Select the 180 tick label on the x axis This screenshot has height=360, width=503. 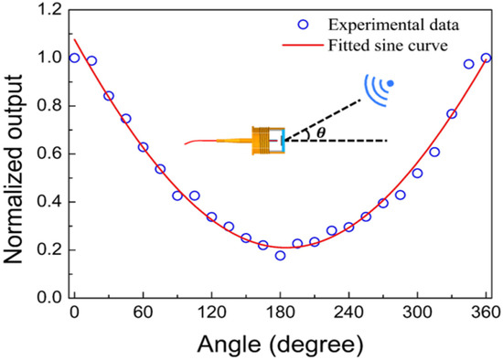(x=280, y=314)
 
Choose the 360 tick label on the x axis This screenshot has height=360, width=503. (x=485, y=314)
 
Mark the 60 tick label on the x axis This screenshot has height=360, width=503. (x=143, y=314)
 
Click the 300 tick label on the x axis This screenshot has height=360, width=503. (x=417, y=314)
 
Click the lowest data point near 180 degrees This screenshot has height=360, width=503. (x=280, y=255)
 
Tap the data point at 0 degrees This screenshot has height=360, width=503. (x=74, y=58)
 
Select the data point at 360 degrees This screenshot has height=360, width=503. (x=486, y=58)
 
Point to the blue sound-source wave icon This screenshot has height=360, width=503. (x=380, y=88)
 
